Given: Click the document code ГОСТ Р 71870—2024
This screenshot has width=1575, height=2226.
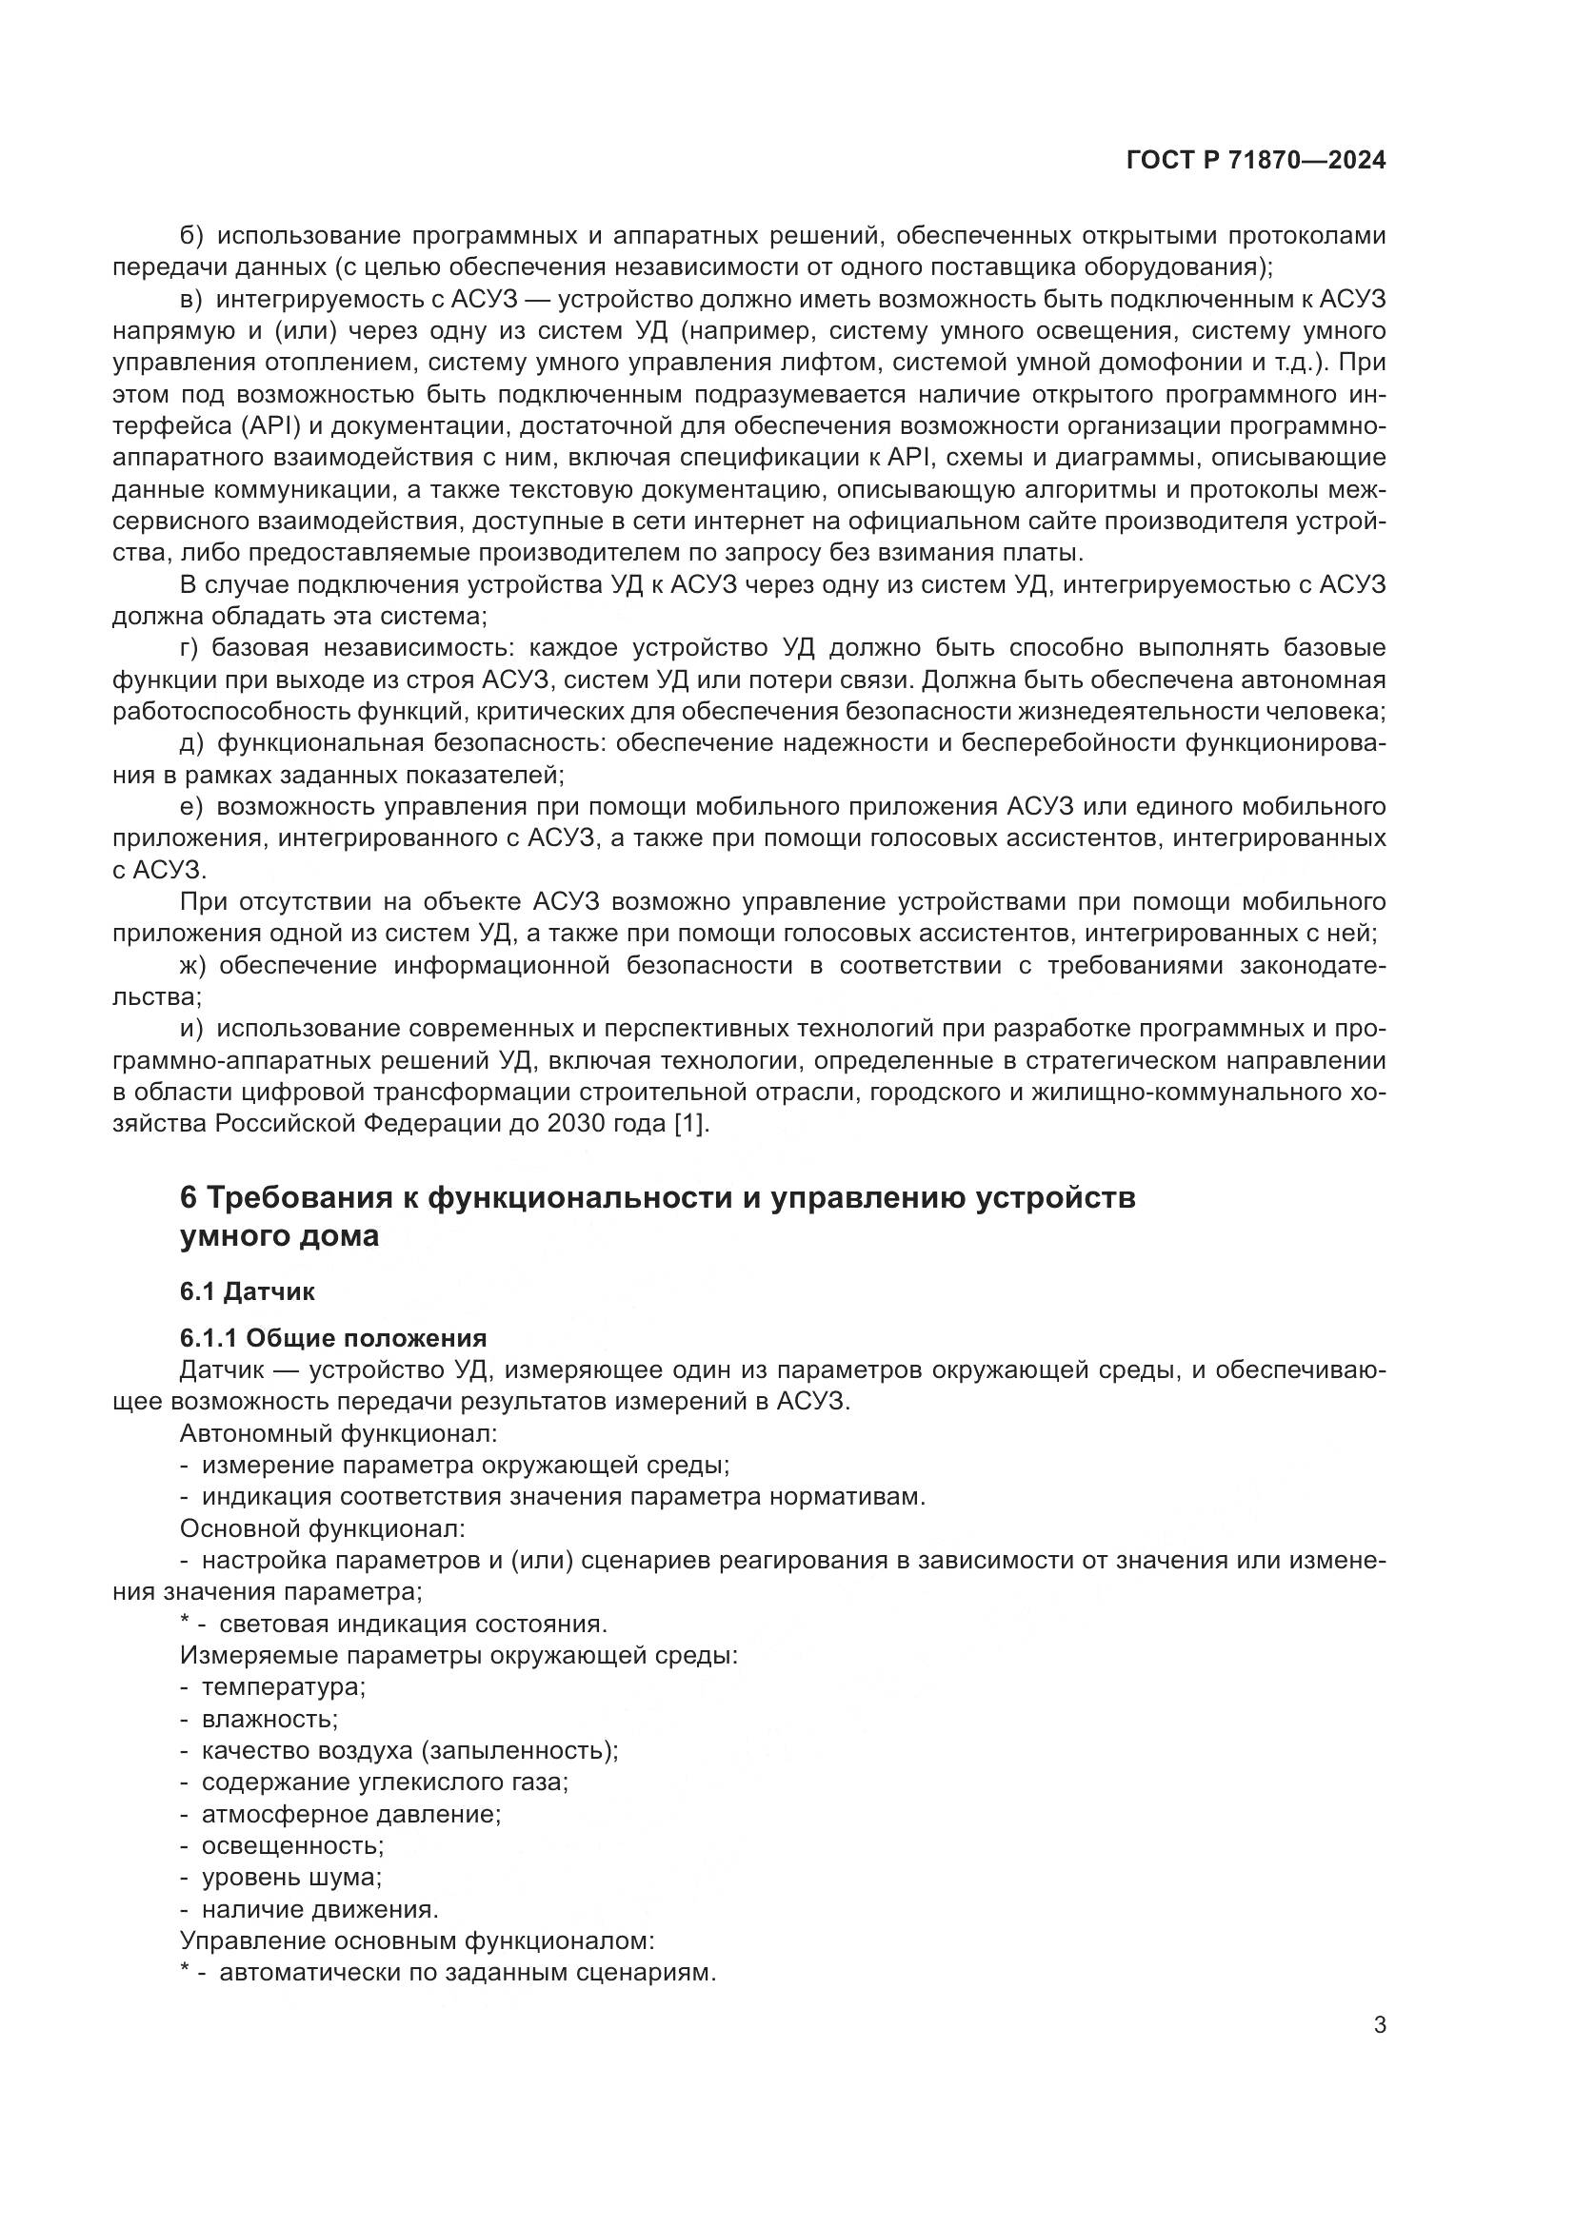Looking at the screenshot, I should [x=1255, y=161].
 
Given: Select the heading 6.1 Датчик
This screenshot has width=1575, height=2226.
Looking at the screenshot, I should [x=248, y=1291].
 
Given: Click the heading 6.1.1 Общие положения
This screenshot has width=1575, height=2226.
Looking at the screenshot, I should [x=332, y=1339].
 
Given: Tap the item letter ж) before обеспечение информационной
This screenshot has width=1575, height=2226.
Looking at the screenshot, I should [x=194, y=966].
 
